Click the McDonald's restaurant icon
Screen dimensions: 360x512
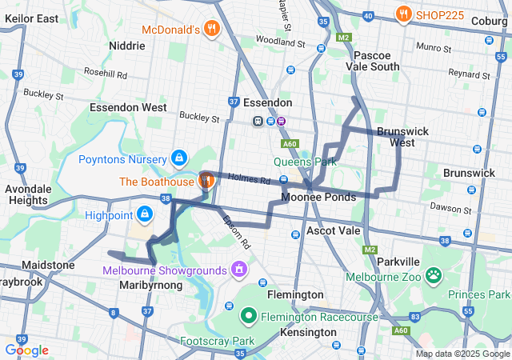tap(211, 30)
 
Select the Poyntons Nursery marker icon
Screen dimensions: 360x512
tap(178, 158)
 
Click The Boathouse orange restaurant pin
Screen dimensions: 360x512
tap(206, 180)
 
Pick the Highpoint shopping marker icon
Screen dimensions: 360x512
tap(145, 214)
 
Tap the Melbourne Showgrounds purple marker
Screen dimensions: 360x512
tap(238, 270)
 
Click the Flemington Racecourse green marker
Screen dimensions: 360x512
tap(248, 317)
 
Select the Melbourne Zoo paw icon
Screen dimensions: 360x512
tap(434, 276)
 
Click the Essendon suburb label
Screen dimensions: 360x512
tap(267, 103)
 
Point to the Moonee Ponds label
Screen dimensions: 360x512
tap(318, 197)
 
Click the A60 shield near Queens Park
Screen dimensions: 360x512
tap(290, 144)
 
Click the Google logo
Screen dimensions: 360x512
tap(27, 350)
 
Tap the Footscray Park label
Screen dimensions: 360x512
tap(211, 342)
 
